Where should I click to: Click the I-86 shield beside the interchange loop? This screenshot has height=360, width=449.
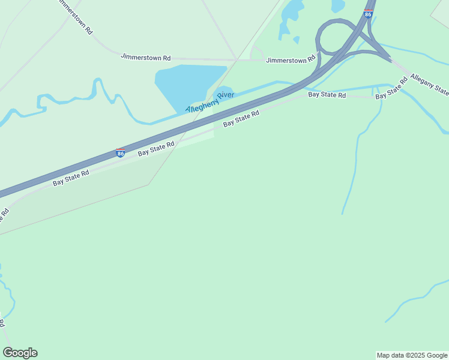pos(368,13)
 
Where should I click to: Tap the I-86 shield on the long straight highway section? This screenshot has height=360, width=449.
pos(121,153)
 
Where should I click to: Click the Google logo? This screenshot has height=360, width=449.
pos(20,353)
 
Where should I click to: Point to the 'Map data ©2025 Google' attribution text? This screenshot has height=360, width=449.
pos(412,355)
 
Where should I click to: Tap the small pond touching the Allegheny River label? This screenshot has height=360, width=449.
pos(224,92)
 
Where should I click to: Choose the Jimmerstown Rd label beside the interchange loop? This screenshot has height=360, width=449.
pos(291,60)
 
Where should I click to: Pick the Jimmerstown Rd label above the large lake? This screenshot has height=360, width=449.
pos(146,57)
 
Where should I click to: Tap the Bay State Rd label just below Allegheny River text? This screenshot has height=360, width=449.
pos(241,118)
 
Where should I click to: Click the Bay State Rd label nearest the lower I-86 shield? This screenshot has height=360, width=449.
pos(156,148)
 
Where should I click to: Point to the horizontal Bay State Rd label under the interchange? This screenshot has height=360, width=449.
pos(327,95)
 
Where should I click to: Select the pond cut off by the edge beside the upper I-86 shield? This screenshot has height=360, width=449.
pos(337,5)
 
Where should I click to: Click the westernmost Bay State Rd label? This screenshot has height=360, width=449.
pos(71,178)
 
